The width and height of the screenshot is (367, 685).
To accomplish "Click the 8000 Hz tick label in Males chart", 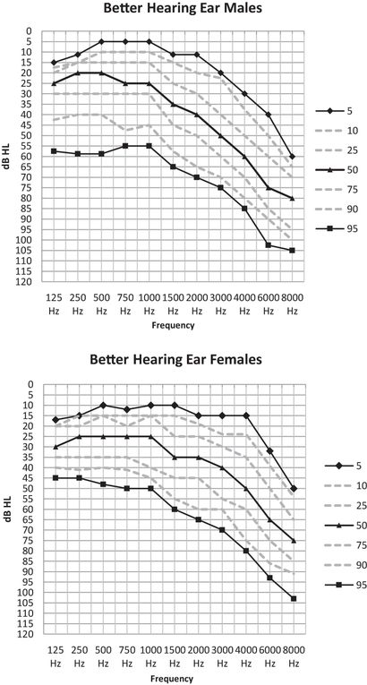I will pyautogui.click(x=292, y=302).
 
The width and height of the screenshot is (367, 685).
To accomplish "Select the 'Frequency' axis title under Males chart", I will pyautogui.click(x=173, y=326).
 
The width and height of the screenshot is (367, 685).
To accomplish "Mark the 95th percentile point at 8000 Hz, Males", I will pyautogui.click(x=292, y=251).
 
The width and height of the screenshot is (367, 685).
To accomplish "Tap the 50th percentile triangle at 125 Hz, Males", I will pyautogui.click(x=55, y=83).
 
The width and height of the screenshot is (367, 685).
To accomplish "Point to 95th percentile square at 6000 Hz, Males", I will pyautogui.click(x=268, y=244).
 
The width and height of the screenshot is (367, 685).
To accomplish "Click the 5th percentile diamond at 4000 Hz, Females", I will pyautogui.click(x=244, y=415).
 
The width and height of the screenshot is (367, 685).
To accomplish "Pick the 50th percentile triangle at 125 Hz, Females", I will pyautogui.click(x=55, y=447).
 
